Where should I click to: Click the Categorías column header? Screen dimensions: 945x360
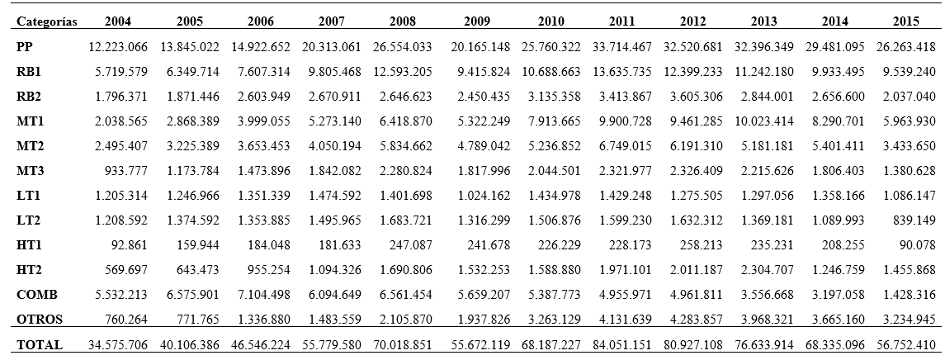click(x=48, y=21)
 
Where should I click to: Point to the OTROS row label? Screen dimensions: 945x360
click(x=40, y=320)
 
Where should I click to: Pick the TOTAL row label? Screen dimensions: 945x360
click(x=39, y=345)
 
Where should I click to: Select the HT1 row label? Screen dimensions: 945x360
click(x=29, y=245)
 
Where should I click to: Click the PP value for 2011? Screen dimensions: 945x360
click(x=622, y=47)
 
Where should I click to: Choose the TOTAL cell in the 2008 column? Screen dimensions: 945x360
click(x=403, y=345)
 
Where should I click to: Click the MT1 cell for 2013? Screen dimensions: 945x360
click(x=764, y=121)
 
